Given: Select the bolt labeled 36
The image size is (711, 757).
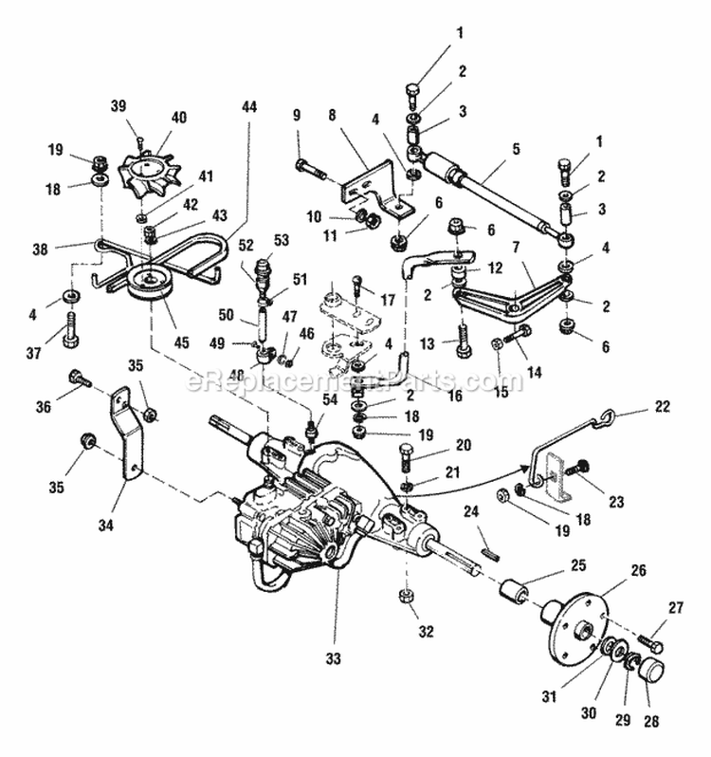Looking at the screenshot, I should pos(78,379).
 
